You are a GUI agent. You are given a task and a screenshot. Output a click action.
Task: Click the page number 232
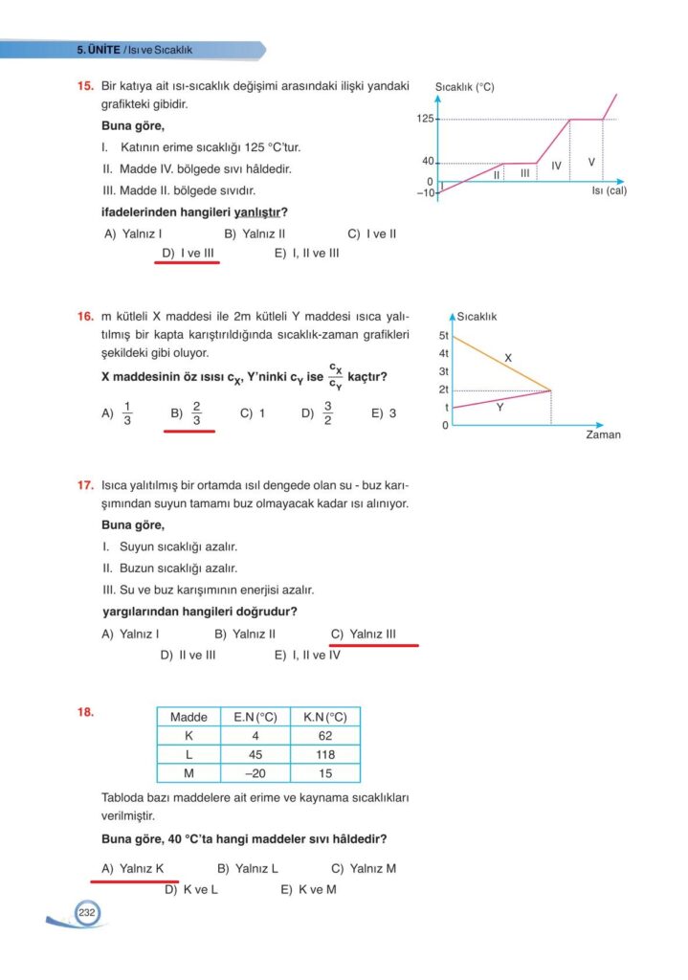pyautogui.click(x=86, y=913)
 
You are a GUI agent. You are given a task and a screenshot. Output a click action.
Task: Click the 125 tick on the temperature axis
pyautogui.click(x=425, y=119)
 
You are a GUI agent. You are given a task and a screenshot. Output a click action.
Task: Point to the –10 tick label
pyautogui.click(x=425, y=192)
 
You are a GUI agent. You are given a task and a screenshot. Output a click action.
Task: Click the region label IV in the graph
pyautogui.click(x=556, y=167)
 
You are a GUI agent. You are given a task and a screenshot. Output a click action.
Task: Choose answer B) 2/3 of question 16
pyautogui.click(x=188, y=413)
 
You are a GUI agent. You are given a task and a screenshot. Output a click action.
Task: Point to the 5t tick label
pyautogui.click(x=444, y=336)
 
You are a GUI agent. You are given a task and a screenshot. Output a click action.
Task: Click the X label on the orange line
pyautogui.click(x=508, y=357)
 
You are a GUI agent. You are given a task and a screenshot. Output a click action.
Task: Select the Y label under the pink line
pyautogui.click(x=499, y=407)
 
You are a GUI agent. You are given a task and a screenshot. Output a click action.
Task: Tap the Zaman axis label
pyautogui.click(x=603, y=434)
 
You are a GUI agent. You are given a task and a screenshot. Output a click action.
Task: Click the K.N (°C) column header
pyautogui.click(x=324, y=717)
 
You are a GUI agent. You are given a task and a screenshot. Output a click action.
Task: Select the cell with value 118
pyautogui.click(x=324, y=754)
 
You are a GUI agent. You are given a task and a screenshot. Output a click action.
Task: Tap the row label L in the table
pyautogui.click(x=189, y=754)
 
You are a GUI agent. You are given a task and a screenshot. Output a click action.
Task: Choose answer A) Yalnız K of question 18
pyautogui.click(x=133, y=869)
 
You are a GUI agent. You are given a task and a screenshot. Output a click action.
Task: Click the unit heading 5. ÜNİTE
pyautogui.click(x=98, y=50)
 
